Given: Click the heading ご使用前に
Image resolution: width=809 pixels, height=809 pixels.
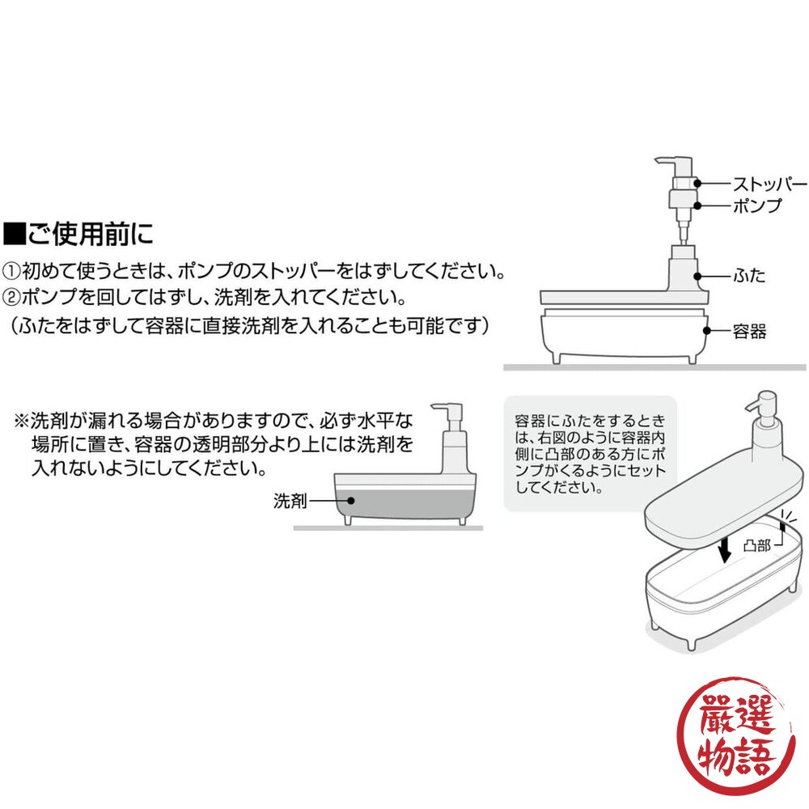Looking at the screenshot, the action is coord(91,233).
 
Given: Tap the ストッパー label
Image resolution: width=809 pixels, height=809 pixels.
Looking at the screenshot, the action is coord(770,184).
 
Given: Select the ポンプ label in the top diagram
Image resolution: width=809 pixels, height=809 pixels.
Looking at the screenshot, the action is coord(757,205).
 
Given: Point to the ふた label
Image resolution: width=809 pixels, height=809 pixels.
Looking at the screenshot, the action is coord(749,276).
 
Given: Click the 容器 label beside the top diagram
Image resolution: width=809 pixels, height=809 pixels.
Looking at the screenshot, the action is coord(750,331).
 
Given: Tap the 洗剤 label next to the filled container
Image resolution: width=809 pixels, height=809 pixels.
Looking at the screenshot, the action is coord(290,501).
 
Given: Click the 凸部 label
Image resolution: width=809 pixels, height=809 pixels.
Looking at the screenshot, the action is coord(757,545).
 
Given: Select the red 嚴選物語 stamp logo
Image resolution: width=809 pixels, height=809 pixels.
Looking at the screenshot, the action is coord(736,735).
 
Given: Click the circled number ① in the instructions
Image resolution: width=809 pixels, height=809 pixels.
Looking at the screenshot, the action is coord(11,271).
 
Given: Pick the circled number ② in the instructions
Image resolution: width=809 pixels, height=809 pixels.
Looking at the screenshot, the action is coord(11,297).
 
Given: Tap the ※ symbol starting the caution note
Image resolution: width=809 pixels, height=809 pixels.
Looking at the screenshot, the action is coord(21,421).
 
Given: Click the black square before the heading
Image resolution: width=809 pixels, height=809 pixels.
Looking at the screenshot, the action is coord(15,234).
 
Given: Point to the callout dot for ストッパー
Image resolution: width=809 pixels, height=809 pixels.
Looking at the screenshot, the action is coord(697,183).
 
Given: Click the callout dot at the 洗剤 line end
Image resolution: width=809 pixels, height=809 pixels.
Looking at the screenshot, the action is coord(351,501).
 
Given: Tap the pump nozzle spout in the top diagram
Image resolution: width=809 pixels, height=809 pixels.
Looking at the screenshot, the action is coord(663,161).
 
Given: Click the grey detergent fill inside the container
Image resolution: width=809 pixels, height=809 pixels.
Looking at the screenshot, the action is coord(404,503).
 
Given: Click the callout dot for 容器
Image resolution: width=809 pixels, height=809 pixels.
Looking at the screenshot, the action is coord(707,331).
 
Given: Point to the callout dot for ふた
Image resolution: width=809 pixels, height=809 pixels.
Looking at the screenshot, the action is coord(697,276).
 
